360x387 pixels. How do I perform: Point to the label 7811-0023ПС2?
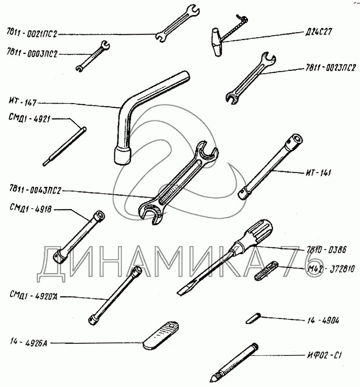pos(329,68)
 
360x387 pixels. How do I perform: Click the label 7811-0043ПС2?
pos(34,191)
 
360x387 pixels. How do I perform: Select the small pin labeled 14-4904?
pos(252,318)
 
